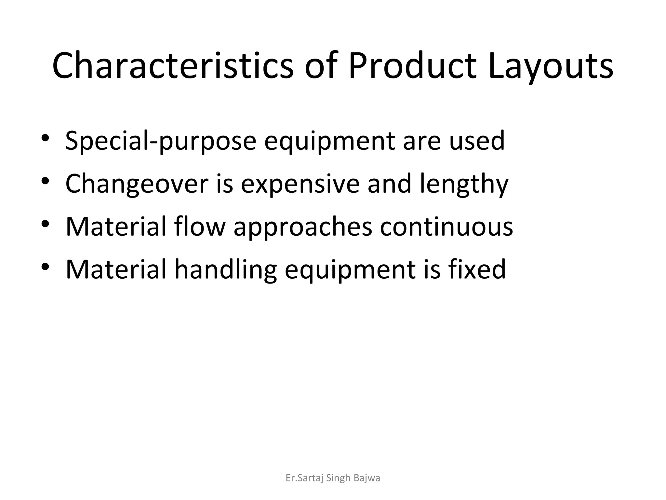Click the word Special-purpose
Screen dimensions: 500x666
click(x=161, y=141)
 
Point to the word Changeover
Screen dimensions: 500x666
click(x=137, y=184)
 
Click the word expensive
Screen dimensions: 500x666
click(x=300, y=184)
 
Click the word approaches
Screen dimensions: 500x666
click(x=303, y=227)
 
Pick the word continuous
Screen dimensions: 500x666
click(x=446, y=227)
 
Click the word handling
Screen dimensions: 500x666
click(x=225, y=270)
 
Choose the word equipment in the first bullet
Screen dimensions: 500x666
click(x=329, y=141)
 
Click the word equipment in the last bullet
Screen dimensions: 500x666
click(x=350, y=270)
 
